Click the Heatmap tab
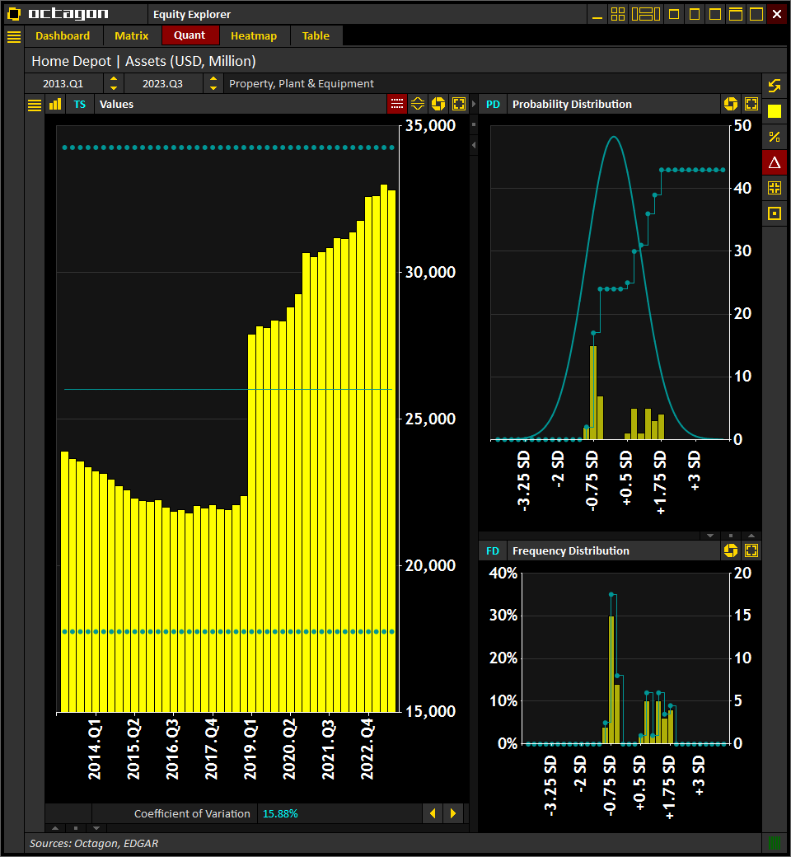click(x=254, y=35)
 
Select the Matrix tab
click(x=132, y=35)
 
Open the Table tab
click(x=316, y=35)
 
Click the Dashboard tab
click(x=63, y=35)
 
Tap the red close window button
click(x=777, y=14)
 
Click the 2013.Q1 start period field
click(x=63, y=83)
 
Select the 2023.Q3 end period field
click(x=162, y=83)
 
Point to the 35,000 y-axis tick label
click(x=431, y=126)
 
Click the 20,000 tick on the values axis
click(x=431, y=565)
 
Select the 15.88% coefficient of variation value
click(x=280, y=813)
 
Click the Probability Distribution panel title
click(x=572, y=104)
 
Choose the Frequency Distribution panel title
click(x=570, y=550)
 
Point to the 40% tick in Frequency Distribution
click(x=503, y=574)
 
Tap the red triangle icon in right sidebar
click(x=774, y=162)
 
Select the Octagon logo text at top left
click(x=68, y=14)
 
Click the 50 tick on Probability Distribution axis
click(x=742, y=125)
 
